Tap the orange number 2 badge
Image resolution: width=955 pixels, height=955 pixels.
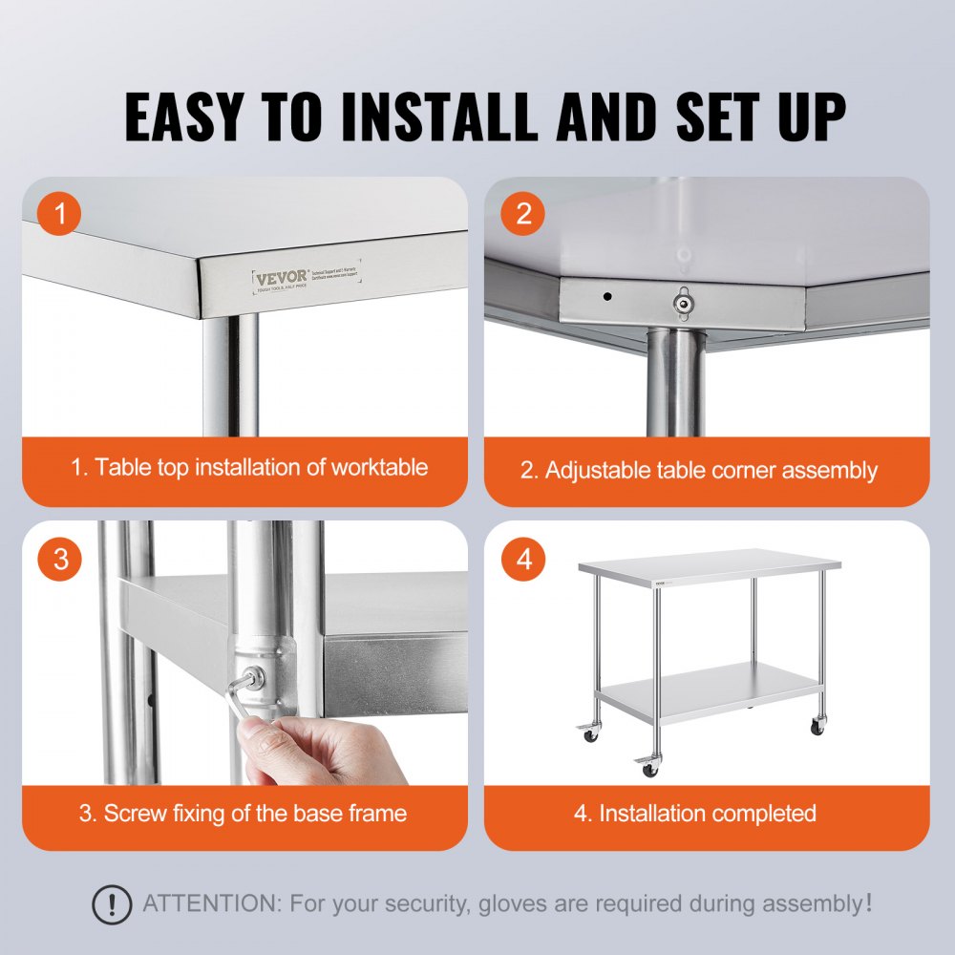[x=523, y=214]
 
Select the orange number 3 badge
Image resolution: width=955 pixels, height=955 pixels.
[x=61, y=559]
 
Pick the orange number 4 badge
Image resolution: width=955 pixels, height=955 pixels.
[x=523, y=559]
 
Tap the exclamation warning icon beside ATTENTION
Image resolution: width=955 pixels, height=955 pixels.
[x=112, y=902]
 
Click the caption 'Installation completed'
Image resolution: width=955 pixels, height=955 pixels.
[x=707, y=813]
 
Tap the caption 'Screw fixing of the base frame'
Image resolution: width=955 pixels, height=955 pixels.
[x=244, y=813]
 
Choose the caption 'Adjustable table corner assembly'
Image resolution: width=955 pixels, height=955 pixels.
[x=698, y=470]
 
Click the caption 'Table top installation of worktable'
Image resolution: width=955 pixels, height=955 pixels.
[x=249, y=467]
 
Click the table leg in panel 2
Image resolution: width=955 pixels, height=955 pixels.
[x=677, y=382]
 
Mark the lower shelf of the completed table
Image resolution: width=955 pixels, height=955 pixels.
[x=711, y=690]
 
